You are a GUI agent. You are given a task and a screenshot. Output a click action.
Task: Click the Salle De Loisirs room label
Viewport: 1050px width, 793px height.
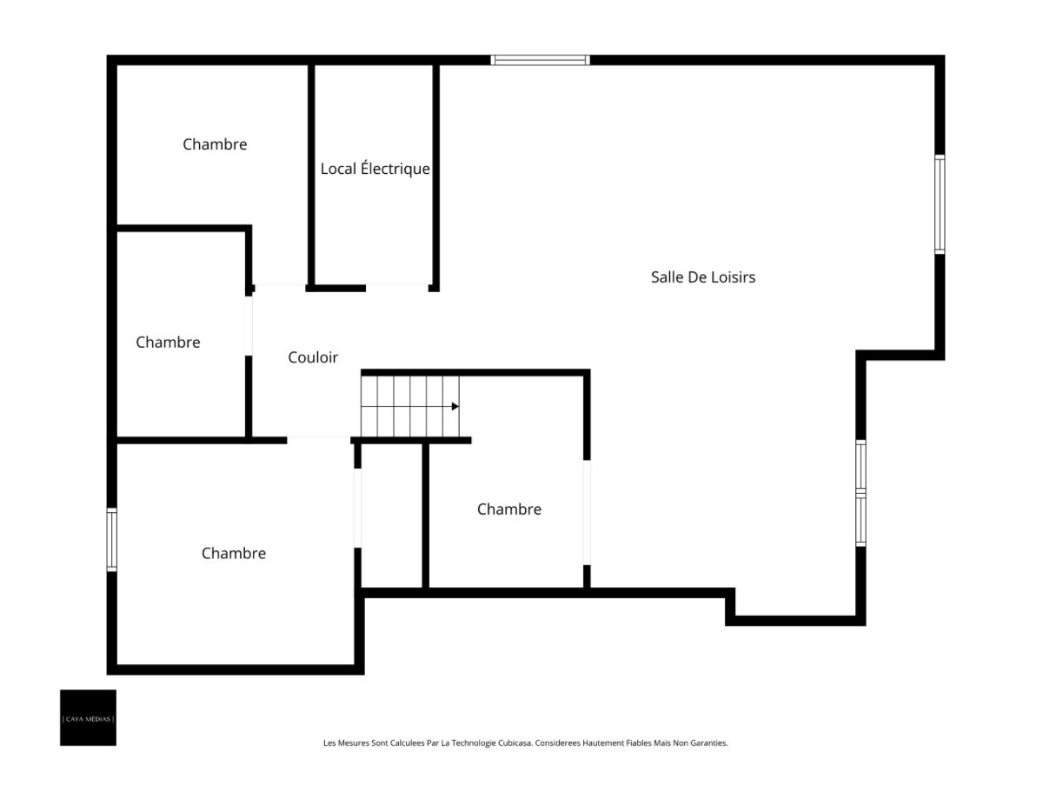coord(702,277)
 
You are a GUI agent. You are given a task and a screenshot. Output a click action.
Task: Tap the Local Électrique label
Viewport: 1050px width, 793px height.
coord(375,168)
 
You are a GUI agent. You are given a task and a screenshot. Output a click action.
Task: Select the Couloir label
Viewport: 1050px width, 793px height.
coord(313,357)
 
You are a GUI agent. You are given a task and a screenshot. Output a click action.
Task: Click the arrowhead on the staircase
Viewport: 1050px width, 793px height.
coord(455,406)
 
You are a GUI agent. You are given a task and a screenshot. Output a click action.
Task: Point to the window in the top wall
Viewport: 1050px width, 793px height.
coord(540,60)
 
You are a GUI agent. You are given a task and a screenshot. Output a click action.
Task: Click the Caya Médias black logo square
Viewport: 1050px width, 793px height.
coord(88,717)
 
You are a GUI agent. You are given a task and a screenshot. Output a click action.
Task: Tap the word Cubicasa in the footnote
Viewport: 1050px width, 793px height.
coord(515,743)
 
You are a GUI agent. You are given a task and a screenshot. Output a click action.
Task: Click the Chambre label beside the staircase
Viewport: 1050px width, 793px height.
coord(509,509)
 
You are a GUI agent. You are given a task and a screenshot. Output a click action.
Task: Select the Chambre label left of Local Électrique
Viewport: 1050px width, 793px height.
coord(215,144)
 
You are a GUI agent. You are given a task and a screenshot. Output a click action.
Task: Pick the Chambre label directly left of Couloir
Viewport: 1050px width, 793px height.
coord(168,343)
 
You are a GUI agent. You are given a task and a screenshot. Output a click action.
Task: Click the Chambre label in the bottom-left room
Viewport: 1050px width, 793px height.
coord(234,553)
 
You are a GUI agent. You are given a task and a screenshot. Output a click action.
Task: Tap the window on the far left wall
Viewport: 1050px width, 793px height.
coord(111,540)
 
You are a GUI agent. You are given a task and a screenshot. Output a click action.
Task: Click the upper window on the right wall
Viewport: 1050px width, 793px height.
coord(940,204)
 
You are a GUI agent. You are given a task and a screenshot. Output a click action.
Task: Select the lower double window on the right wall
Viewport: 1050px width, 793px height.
coord(861,493)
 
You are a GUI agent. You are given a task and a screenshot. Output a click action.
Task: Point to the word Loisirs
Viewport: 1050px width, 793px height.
coord(734,277)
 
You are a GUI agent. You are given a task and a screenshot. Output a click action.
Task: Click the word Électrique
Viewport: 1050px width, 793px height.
coord(395,168)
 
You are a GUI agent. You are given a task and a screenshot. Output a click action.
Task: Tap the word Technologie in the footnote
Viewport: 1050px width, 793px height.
coord(473,743)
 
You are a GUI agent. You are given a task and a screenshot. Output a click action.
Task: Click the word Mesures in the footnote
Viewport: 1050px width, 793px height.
coord(353,743)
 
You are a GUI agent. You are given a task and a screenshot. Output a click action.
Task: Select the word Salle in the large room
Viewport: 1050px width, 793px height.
coord(666,277)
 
